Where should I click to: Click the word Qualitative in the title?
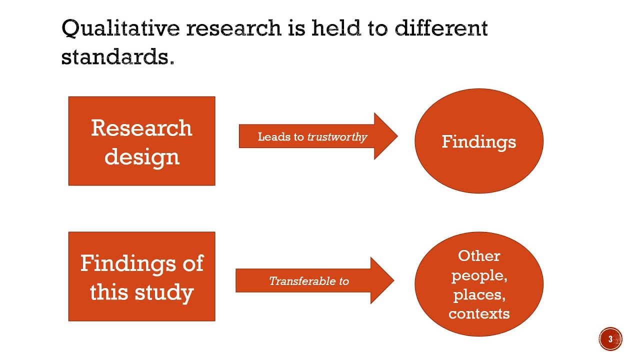pos(120,28)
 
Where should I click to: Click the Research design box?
pos(141,141)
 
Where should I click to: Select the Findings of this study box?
pos(141,276)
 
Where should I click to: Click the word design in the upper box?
pos(142,157)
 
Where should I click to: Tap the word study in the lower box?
pos(164,293)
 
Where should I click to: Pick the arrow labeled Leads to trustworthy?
pos(318,136)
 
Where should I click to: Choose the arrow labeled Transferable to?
pos(315,280)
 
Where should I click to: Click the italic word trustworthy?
pos(337,137)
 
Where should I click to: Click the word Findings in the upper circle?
pos(479,142)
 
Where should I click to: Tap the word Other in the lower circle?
pos(479,255)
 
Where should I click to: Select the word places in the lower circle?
pos(479,295)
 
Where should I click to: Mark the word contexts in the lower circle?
pos(479,313)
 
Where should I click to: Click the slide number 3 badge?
pos(610,339)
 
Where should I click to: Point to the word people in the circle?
pos(479,276)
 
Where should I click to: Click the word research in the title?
pos(233,28)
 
